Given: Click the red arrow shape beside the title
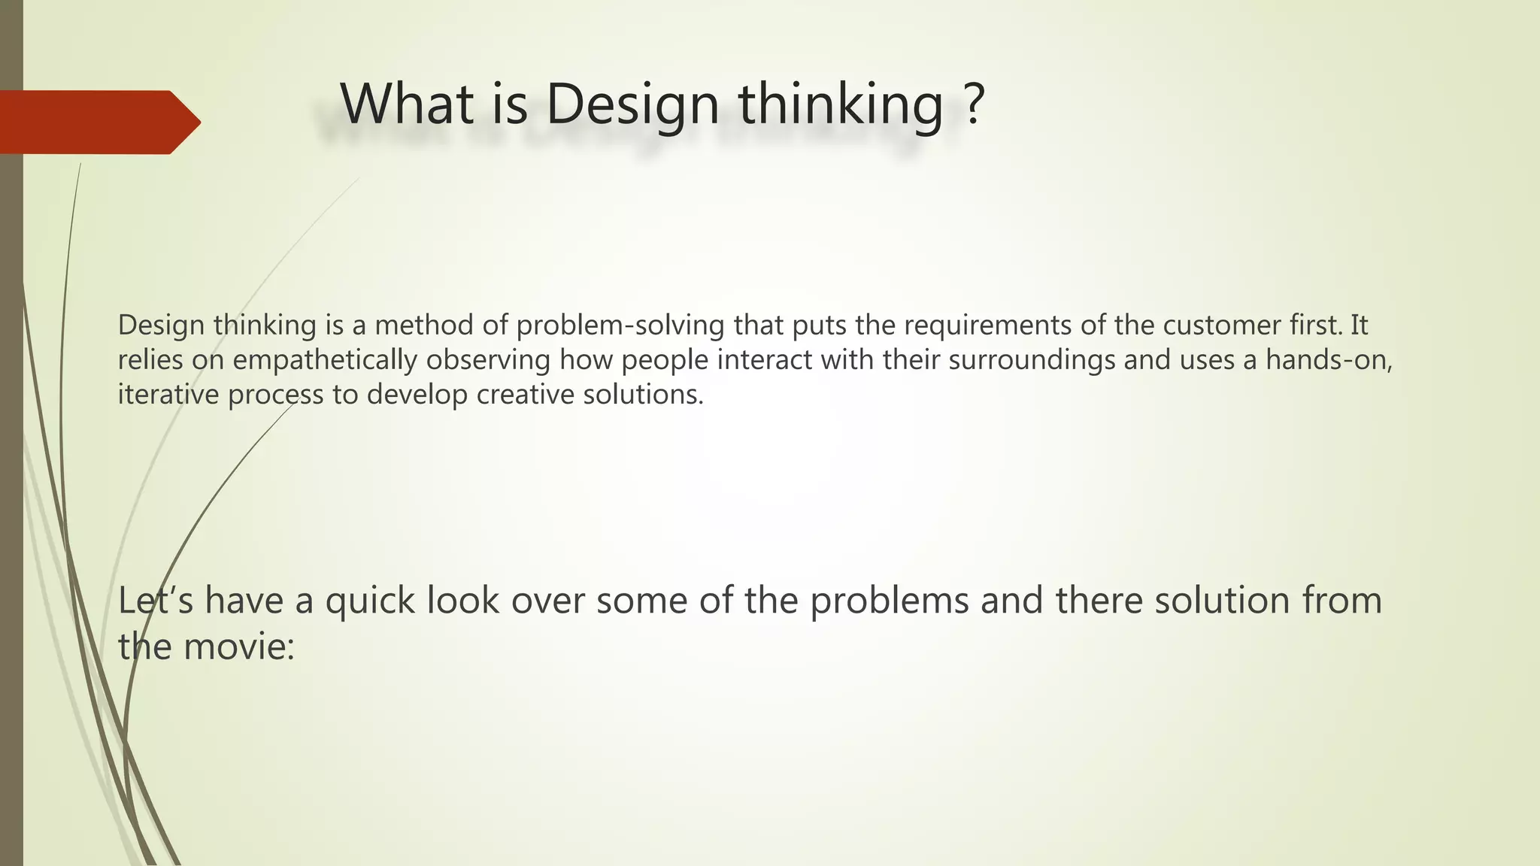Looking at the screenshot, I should pos(98,122).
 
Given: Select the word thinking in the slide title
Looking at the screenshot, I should pos(841,105).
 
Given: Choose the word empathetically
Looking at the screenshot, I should pos(324,360).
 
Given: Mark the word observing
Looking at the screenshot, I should pos(488,360).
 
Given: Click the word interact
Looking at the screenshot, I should pos(764,360).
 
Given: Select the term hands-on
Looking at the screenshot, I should pos(1329,360).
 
